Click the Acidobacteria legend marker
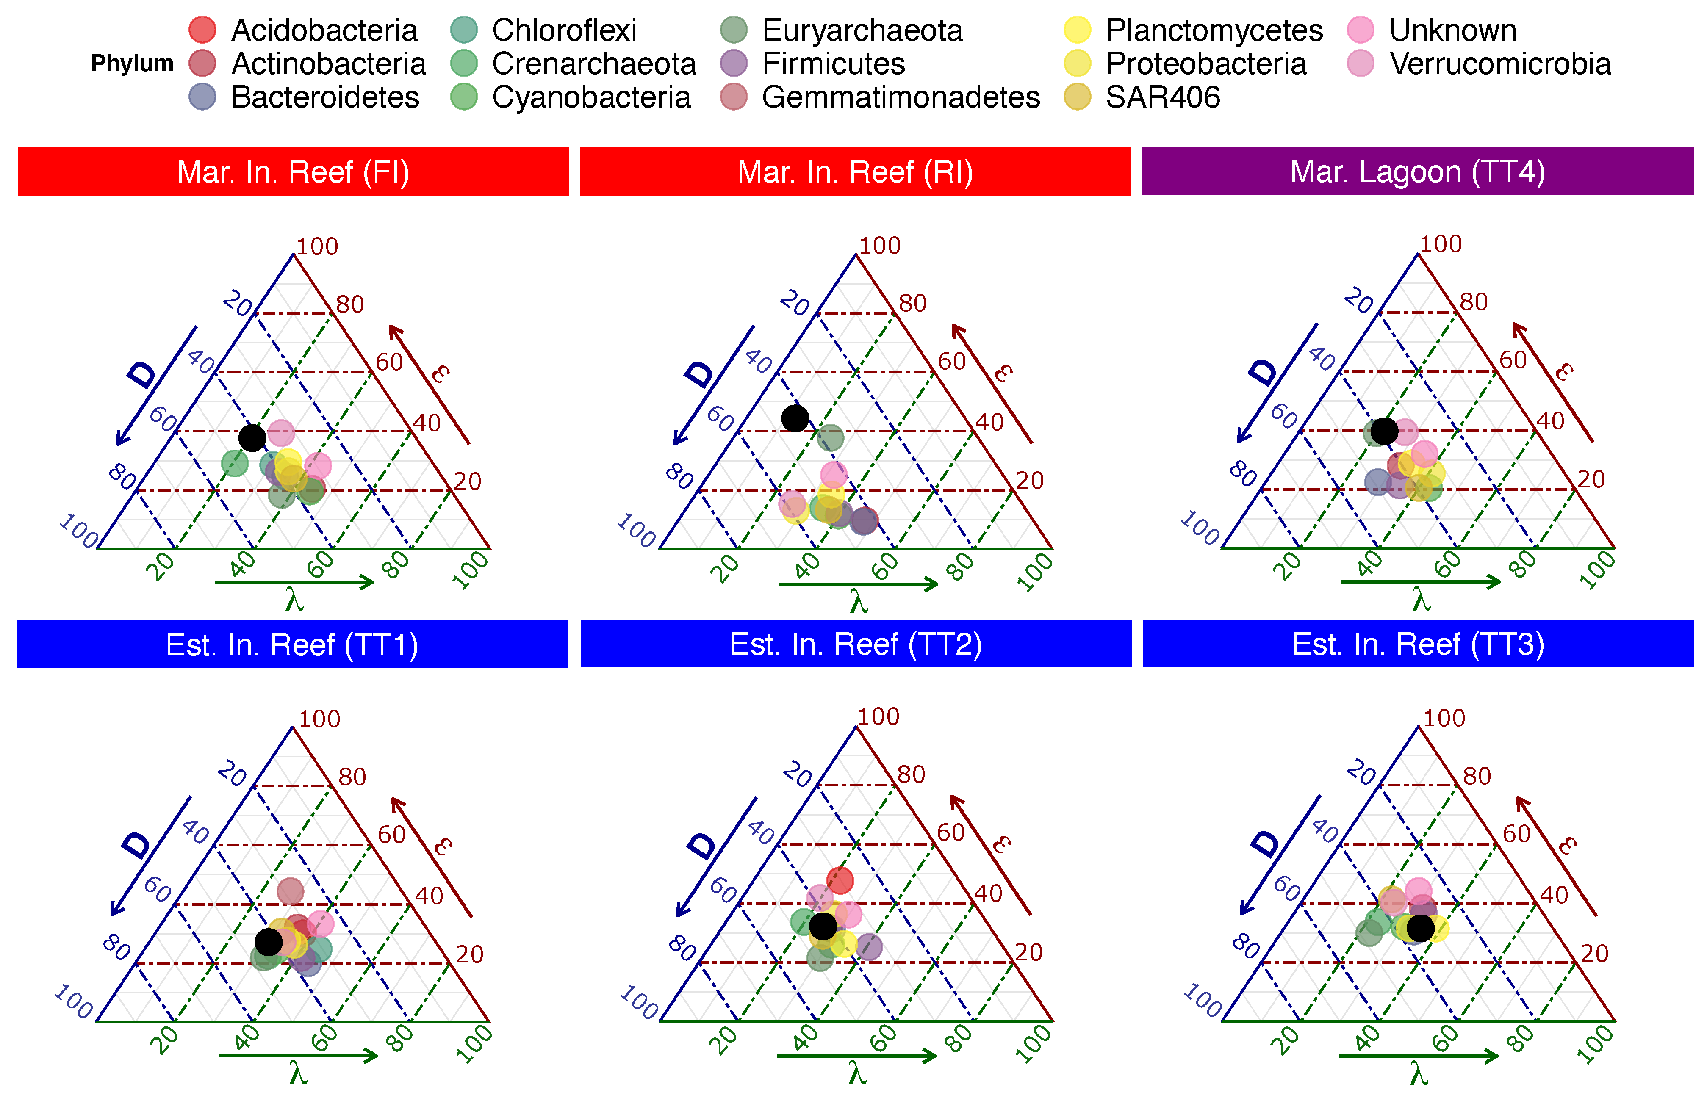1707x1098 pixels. point(202,30)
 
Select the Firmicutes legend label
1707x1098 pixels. point(833,64)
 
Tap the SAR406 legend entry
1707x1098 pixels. point(1162,97)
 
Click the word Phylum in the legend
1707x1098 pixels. point(132,64)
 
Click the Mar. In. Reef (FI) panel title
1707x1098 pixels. point(293,172)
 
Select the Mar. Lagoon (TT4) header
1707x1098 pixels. point(1418,172)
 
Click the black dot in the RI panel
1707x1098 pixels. point(795,418)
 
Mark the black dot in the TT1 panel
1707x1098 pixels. point(268,942)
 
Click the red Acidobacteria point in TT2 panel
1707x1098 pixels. point(840,880)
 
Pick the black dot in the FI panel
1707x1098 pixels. point(252,437)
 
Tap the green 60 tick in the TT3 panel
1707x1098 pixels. point(1445,1039)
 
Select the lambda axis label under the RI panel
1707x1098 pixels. point(859,603)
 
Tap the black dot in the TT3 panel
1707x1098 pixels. point(1420,928)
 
